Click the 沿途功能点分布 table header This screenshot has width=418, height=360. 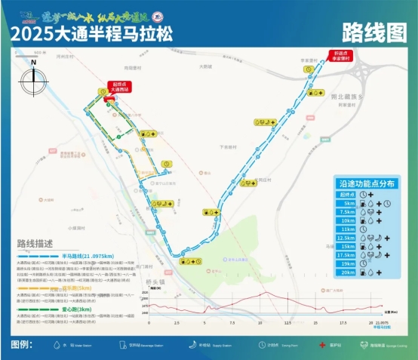pyautogui.click(x=367, y=183)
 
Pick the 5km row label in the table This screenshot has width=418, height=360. pyautogui.click(x=349, y=203)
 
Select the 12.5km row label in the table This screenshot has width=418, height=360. pyautogui.click(x=347, y=237)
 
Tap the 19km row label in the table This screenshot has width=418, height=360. pyautogui.click(x=348, y=263)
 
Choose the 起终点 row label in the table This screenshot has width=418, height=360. pyautogui.click(x=347, y=194)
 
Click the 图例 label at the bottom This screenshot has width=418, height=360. pyautogui.click(x=23, y=344)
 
